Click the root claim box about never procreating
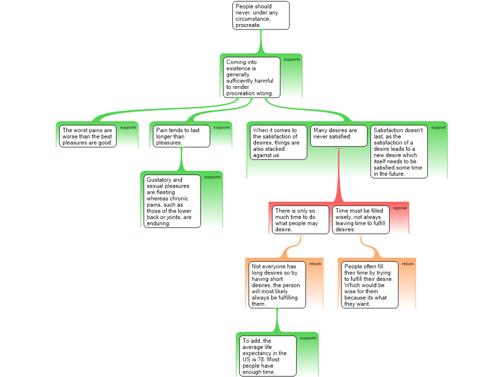(261, 15)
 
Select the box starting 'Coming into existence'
(252, 77)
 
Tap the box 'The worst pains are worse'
(87, 136)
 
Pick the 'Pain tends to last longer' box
(181, 136)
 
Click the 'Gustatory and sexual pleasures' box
(172, 201)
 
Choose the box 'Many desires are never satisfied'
(339, 136)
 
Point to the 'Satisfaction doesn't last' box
(399, 152)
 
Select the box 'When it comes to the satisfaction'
(279, 142)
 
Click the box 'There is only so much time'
(301, 220)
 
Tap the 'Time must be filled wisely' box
(361, 220)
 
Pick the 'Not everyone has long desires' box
(277, 285)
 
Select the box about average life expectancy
(268, 356)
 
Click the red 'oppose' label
(400, 208)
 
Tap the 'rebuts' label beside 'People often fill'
(408, 264)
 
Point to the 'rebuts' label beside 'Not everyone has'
(315, 264)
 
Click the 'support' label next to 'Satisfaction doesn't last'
(438, 128)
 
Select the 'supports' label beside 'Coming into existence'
(292, 59)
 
